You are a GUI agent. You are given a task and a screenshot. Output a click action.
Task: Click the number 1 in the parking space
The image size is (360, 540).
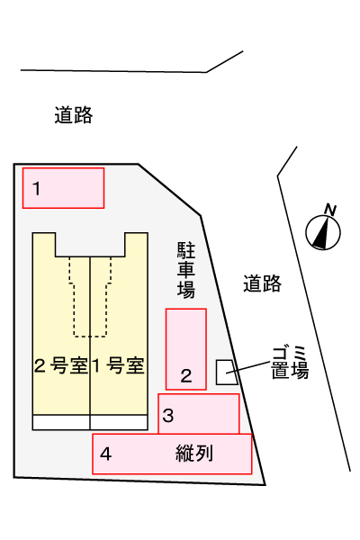37,189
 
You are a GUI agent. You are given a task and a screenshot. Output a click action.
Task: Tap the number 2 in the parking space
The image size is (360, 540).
186,375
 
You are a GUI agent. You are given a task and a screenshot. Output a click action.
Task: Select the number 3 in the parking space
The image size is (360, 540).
167,415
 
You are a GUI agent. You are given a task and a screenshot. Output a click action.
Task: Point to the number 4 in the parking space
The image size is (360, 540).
106,454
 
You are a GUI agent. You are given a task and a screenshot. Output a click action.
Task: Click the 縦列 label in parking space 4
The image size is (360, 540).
194,454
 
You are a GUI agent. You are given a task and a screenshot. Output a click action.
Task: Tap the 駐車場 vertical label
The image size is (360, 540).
186,270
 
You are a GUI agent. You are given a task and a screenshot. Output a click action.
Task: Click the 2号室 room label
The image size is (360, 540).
61,365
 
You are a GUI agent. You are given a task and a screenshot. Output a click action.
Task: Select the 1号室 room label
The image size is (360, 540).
118,365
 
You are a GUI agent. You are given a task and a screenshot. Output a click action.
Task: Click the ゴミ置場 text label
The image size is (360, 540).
290,363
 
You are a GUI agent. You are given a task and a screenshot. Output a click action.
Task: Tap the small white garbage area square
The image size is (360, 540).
226,373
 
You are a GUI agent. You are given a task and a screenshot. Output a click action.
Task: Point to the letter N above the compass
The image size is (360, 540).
330,210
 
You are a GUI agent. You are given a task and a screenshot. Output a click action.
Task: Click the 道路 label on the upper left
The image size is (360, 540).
74,115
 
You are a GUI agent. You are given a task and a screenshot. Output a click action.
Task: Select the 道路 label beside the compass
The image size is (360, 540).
262,283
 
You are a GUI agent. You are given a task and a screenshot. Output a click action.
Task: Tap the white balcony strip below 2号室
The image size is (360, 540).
61,422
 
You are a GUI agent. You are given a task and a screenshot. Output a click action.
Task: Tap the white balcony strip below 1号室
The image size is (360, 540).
119,422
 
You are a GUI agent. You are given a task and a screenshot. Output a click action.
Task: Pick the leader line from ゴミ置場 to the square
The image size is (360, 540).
247,367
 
